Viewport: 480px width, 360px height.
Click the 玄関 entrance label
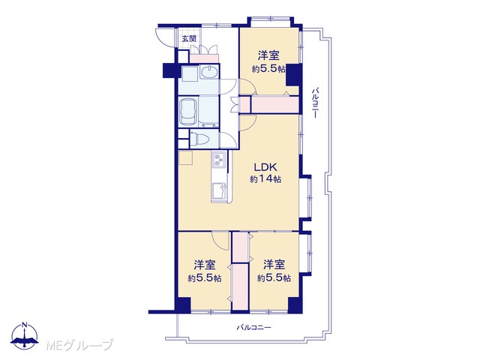189,39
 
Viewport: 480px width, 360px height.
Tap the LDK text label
265,167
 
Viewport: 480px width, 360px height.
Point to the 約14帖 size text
265,179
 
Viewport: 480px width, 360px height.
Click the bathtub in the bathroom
188,112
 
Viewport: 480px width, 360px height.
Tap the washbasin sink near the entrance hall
209,72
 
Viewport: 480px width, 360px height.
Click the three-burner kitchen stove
218,159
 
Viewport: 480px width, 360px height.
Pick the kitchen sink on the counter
218,191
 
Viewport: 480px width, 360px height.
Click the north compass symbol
25,336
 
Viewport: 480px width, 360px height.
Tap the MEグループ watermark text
79,345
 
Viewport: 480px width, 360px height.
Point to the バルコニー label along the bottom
253,328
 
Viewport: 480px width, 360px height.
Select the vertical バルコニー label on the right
315,103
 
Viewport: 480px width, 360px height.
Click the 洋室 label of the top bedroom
268,55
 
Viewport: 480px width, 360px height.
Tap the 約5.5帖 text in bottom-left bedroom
205,278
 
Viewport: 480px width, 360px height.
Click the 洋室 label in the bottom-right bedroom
274,264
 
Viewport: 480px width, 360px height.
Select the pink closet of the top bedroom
275,105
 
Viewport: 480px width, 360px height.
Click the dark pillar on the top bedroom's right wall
294,75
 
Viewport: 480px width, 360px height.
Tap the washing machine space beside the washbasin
190,74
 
